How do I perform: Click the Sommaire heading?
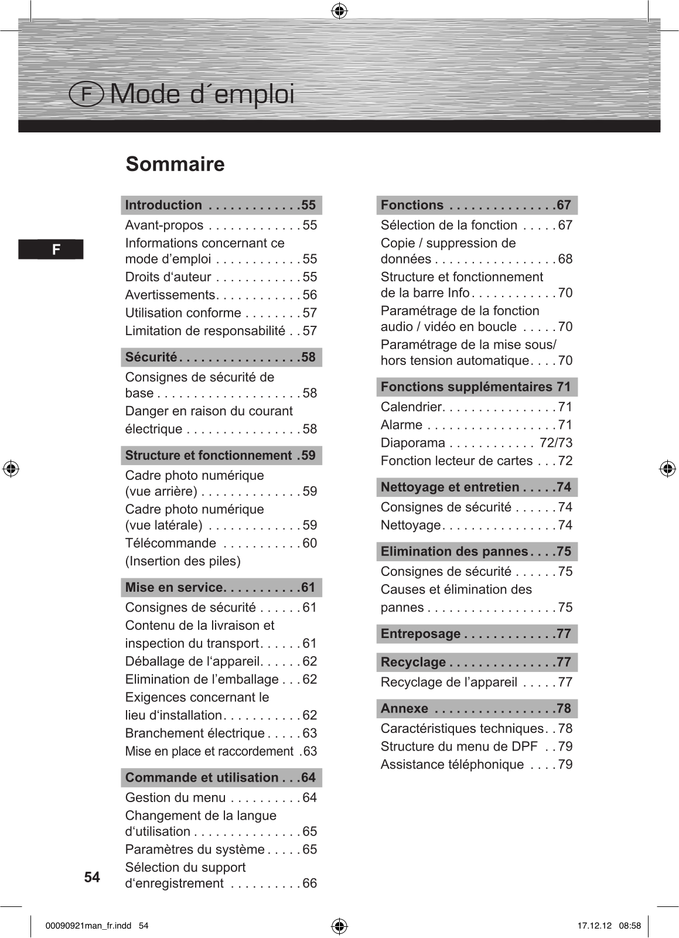pyautogui.click(x=175, y=164)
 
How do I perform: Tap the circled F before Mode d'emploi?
pyautogui.click(x=86, y=94)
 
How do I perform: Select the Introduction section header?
pyautogui.click(x=221, y=205)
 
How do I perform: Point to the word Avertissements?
pyautogui.click(x=170, y=295)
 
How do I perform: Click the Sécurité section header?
pyautogui.click(x=221, y=357)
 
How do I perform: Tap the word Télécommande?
pyautogui.click(x=170, y=543)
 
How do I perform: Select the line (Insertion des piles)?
pyautogui.click(x=183, y=561)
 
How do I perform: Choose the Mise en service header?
pyautogui.click(x=221, y=587)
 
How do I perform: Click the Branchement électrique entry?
pyautogui.click(x=195, y=733)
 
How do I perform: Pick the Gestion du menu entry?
pyautogui.click(x=175, y=797)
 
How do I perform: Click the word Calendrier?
pyautogui.click(x=411, y=407)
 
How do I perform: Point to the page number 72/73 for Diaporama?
pyautogui.click(x=556, y=443)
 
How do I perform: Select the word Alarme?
pyautogui.click(x=401, y=425)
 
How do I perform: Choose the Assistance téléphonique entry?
pyautogui.click(x=452, y=765)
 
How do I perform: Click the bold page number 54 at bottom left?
pyautogui.click(x=92, y=877)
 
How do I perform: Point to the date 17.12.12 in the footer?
pyautogui.click(x=594, y=926)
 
